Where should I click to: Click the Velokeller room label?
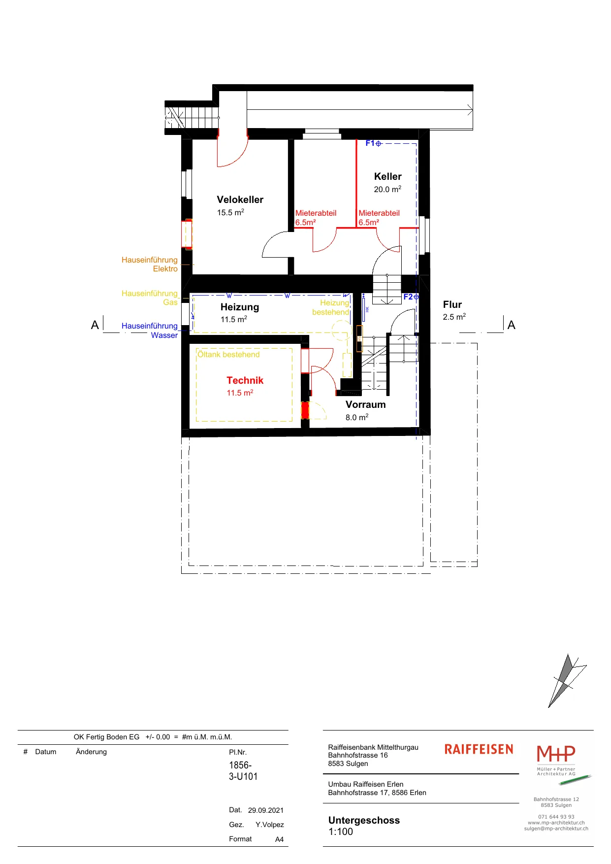coord(240,199)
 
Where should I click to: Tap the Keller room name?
coord(388,176)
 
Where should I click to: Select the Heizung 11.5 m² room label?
coord(240,313)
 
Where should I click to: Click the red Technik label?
coord(245,380)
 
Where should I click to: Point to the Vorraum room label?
coord(365,404)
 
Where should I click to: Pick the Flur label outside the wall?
coord(452,304)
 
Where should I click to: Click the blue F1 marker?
coord(373,143)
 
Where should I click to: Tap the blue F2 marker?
coord(411,297)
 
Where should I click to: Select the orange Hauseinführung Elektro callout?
coord(150,264)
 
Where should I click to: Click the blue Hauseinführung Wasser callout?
coord(150,331)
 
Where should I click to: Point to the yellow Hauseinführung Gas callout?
coord(150,298)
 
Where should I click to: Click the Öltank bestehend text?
coord(228,354)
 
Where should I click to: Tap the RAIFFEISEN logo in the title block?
coord(479,749)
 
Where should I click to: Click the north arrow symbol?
coord(567,681)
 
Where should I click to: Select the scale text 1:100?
coord(341,831)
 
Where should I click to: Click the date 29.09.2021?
coord(266,810)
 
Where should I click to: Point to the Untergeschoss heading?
coord(364,820)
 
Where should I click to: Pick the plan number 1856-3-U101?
coord(243,770)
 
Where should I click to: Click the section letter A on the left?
coord(95,325)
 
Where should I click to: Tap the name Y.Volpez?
coord(270,825)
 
